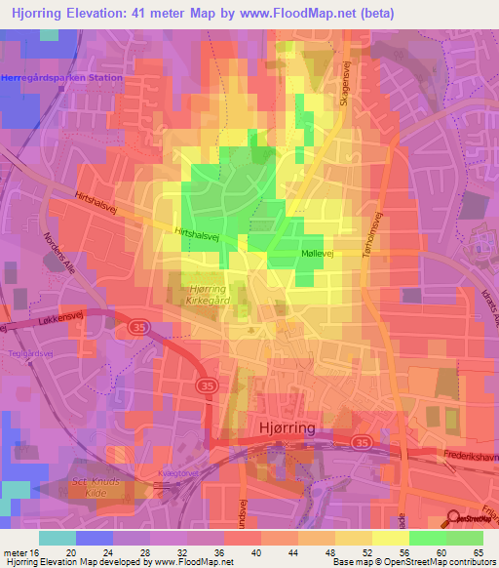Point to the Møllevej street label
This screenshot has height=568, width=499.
(x=317, y=253)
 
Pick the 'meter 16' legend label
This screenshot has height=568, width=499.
(x=21, y=552)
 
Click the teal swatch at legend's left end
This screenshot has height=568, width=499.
(x=57, y=538)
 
